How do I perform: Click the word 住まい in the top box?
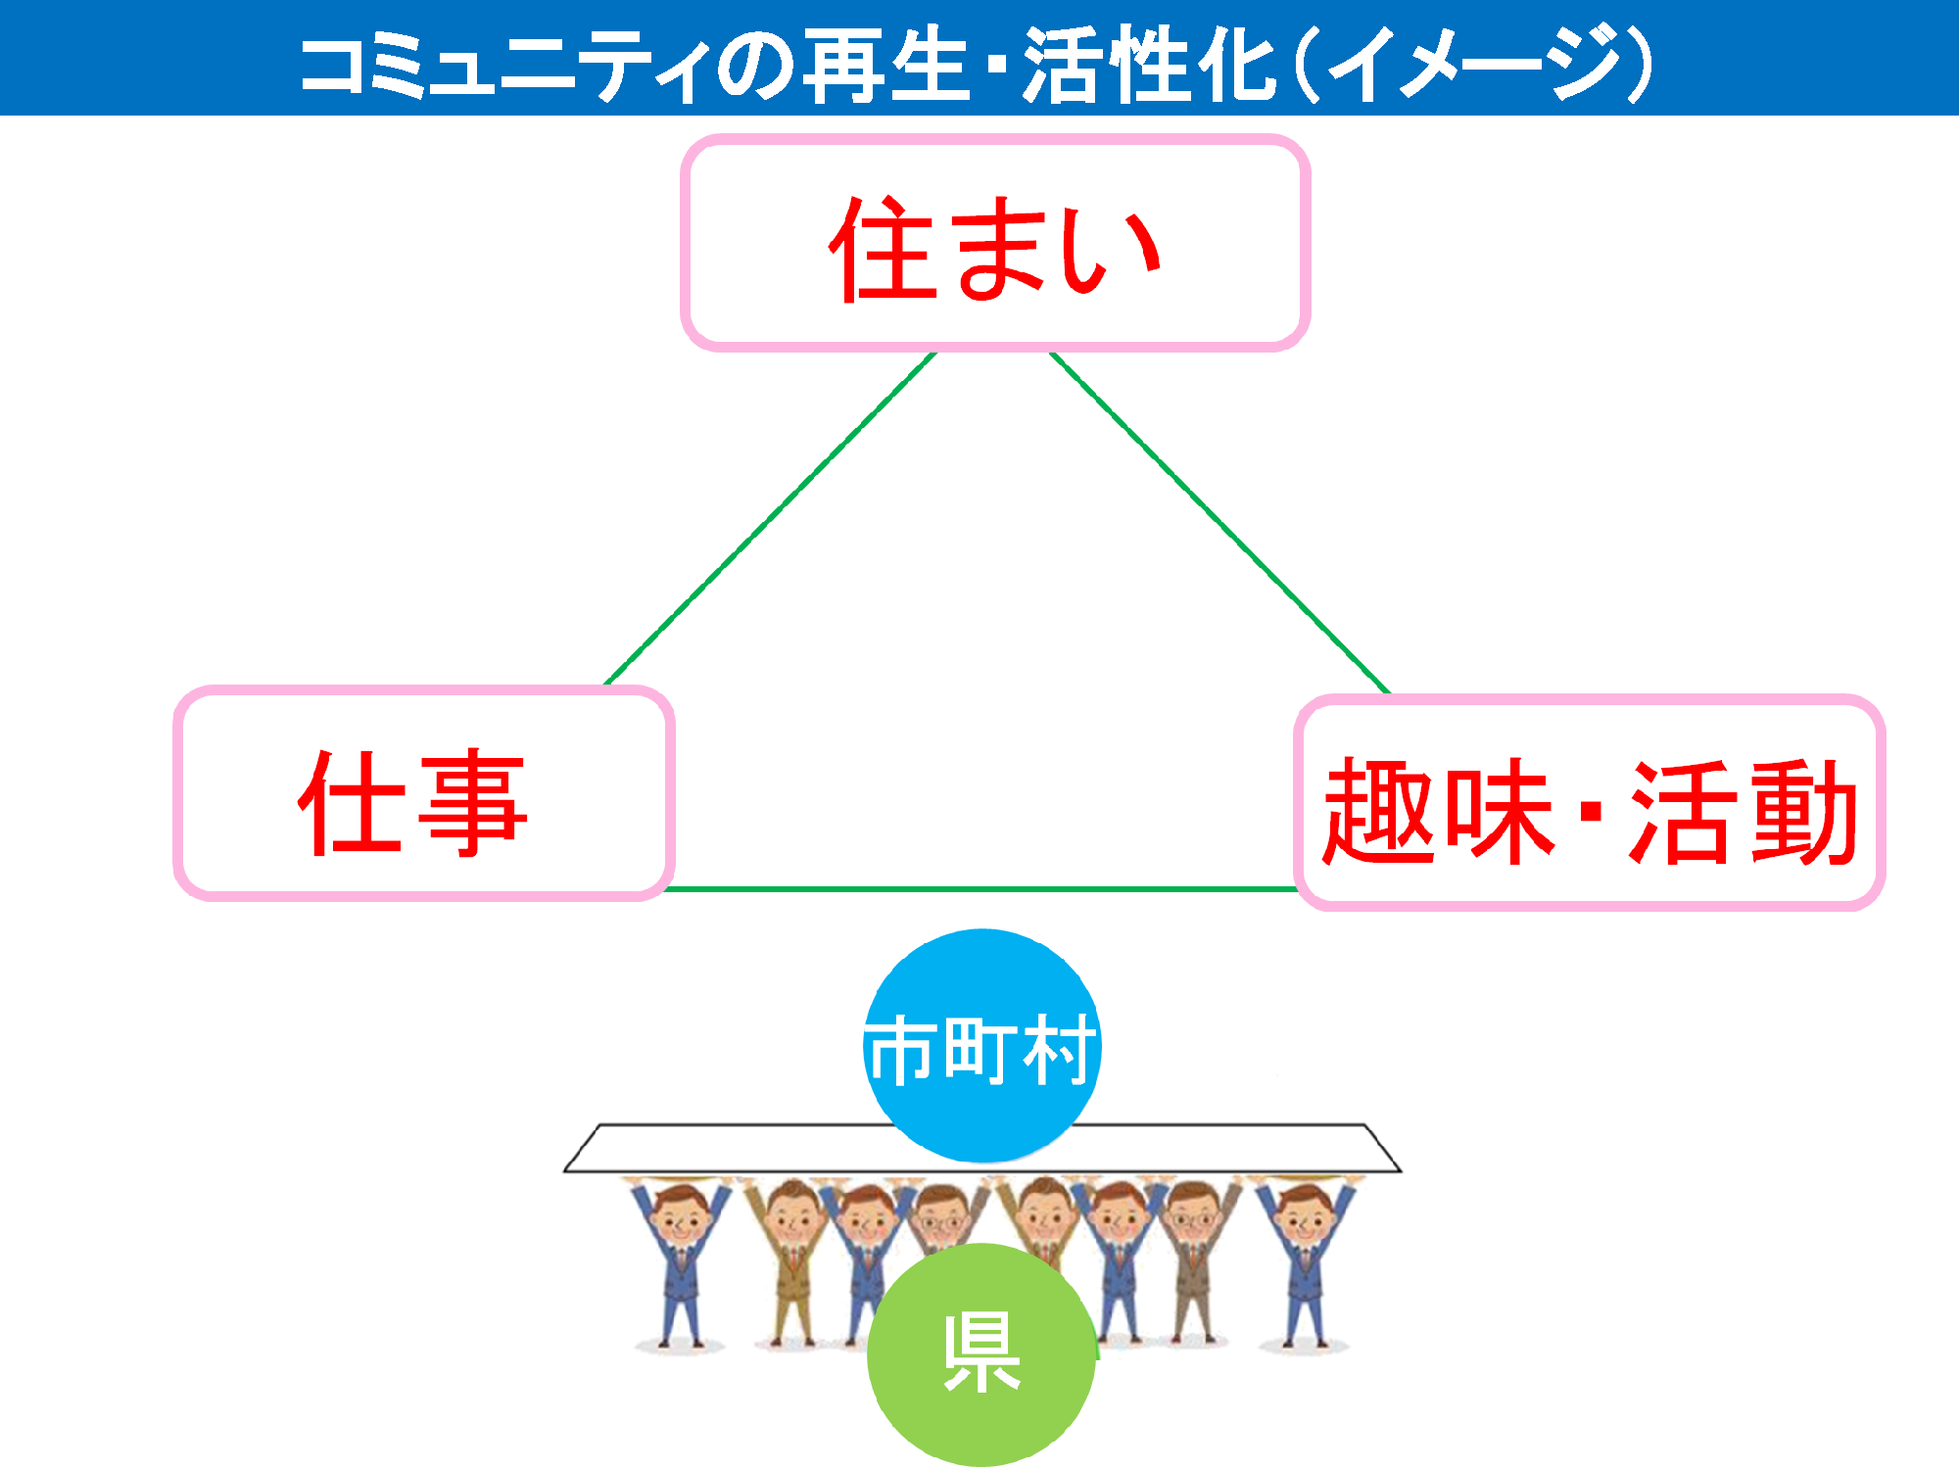point(995,249)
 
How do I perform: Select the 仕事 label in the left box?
point(412,802)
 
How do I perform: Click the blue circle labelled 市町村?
point(982,1046)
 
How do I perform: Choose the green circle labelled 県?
point(981,1354)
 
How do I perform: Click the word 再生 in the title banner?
point(886,64)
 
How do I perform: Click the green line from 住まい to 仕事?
point(771,518)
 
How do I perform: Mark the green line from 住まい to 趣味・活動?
point(1219,523)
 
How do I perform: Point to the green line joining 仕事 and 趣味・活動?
point(982,889)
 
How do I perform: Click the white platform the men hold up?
point(982,1148)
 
